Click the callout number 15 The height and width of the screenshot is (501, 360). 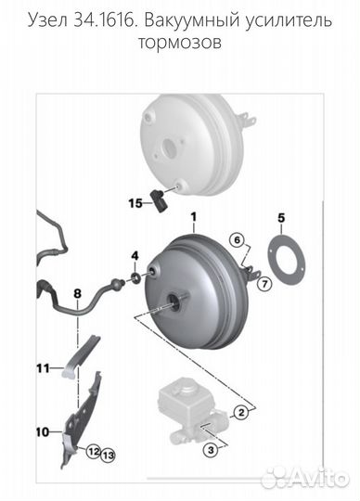click(x=135, y=203)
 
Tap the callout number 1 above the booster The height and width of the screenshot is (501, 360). click(x=194, y=217)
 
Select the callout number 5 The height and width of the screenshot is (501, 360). click(x=281, y=218)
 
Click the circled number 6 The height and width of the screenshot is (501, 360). click(x=237, y=240)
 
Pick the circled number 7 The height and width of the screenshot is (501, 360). click(x=264, y=283)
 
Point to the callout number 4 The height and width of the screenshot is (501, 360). click(x=135, y=256)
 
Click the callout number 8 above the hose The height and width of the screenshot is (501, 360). click(x=78, y=293)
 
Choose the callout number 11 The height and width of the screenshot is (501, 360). click(x=44, y=368)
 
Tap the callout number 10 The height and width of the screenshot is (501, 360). click(x=43, y=432)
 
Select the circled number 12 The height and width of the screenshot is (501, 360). click(x=94, y=452)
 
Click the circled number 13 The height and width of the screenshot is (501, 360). click(x=109, y=455)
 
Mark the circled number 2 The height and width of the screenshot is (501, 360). click(x=241, y=412)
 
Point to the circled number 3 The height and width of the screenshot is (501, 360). click(x=212, y=450)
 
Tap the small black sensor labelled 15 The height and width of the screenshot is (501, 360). click(x=158, y=199)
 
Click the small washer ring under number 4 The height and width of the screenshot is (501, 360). click(x=135, y=277)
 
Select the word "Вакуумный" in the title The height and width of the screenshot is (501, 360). click(x=191, y=20)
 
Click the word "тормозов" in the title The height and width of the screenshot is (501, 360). click(x=180, y=42)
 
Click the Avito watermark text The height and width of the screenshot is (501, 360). click(x=319, y=478)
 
